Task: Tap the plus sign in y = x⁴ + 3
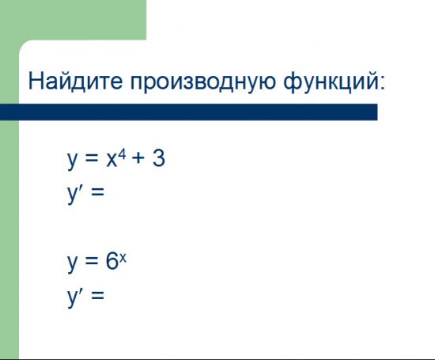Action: tap(138, 161)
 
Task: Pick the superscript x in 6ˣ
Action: tap(123, 256)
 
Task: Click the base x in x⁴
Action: tap(113, 161)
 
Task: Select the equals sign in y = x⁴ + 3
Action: tap(93, 161)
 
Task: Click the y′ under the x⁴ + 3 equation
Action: tap(76, 193)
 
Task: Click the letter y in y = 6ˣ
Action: tap(74, 264)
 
